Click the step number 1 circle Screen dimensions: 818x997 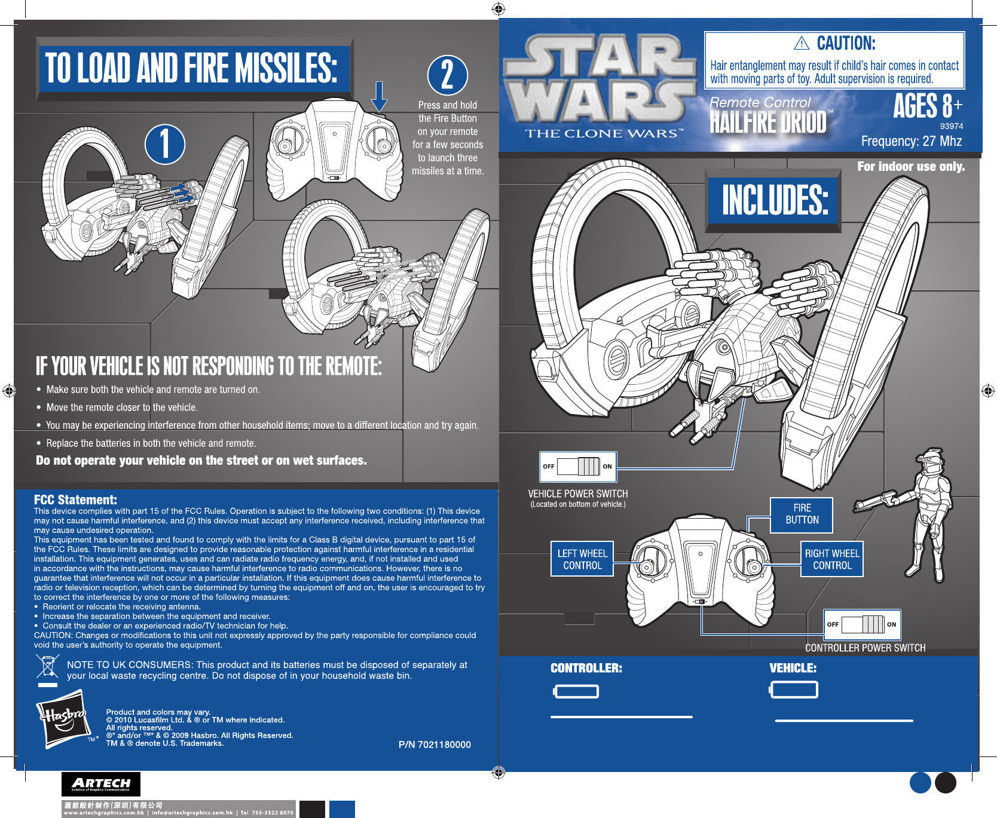pyautogui.click(x=165, y=144)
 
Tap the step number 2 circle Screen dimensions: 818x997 pyautogui.click(x=447, y=75)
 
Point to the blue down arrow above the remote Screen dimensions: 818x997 pyautogui.click(x=380, y=97)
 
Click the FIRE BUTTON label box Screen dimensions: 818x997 pyautogui.click(x=802, y=514)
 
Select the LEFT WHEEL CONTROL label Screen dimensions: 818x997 pyautogui.click(x=582, y=559)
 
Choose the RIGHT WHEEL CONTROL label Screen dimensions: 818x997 pyautogui.click(x=832, y=559)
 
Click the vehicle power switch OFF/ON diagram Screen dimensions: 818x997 pyautogui.click(x=578, y=467)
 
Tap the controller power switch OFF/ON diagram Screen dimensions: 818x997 pyautogui.click(x=862, y=624)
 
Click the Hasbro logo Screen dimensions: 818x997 pyautogui.click(x=63, y=719)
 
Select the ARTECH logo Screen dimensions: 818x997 pyautogui.click(x=101, y=784)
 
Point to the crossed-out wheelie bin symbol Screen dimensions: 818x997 pyautogui.click(x=47, y=669)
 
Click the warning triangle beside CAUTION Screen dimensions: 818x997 pyautogui.click(x=802, y=43)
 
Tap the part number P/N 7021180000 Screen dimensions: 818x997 pyautogui.click(x=435, y=745)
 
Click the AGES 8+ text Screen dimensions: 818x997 pyautogui.click(x=927, y=106)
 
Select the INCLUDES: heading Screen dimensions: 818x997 pyautogui.click(x=775, y=200)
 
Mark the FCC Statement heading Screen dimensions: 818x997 pyautogui.click(x=75, y=500)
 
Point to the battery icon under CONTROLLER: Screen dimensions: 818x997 pyautogui.click(x=576, y=692)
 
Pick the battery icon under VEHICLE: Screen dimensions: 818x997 pyautogui.click(x=794, y=690)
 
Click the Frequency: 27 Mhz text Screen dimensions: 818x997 pyautogui.click(x=911, y=142)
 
